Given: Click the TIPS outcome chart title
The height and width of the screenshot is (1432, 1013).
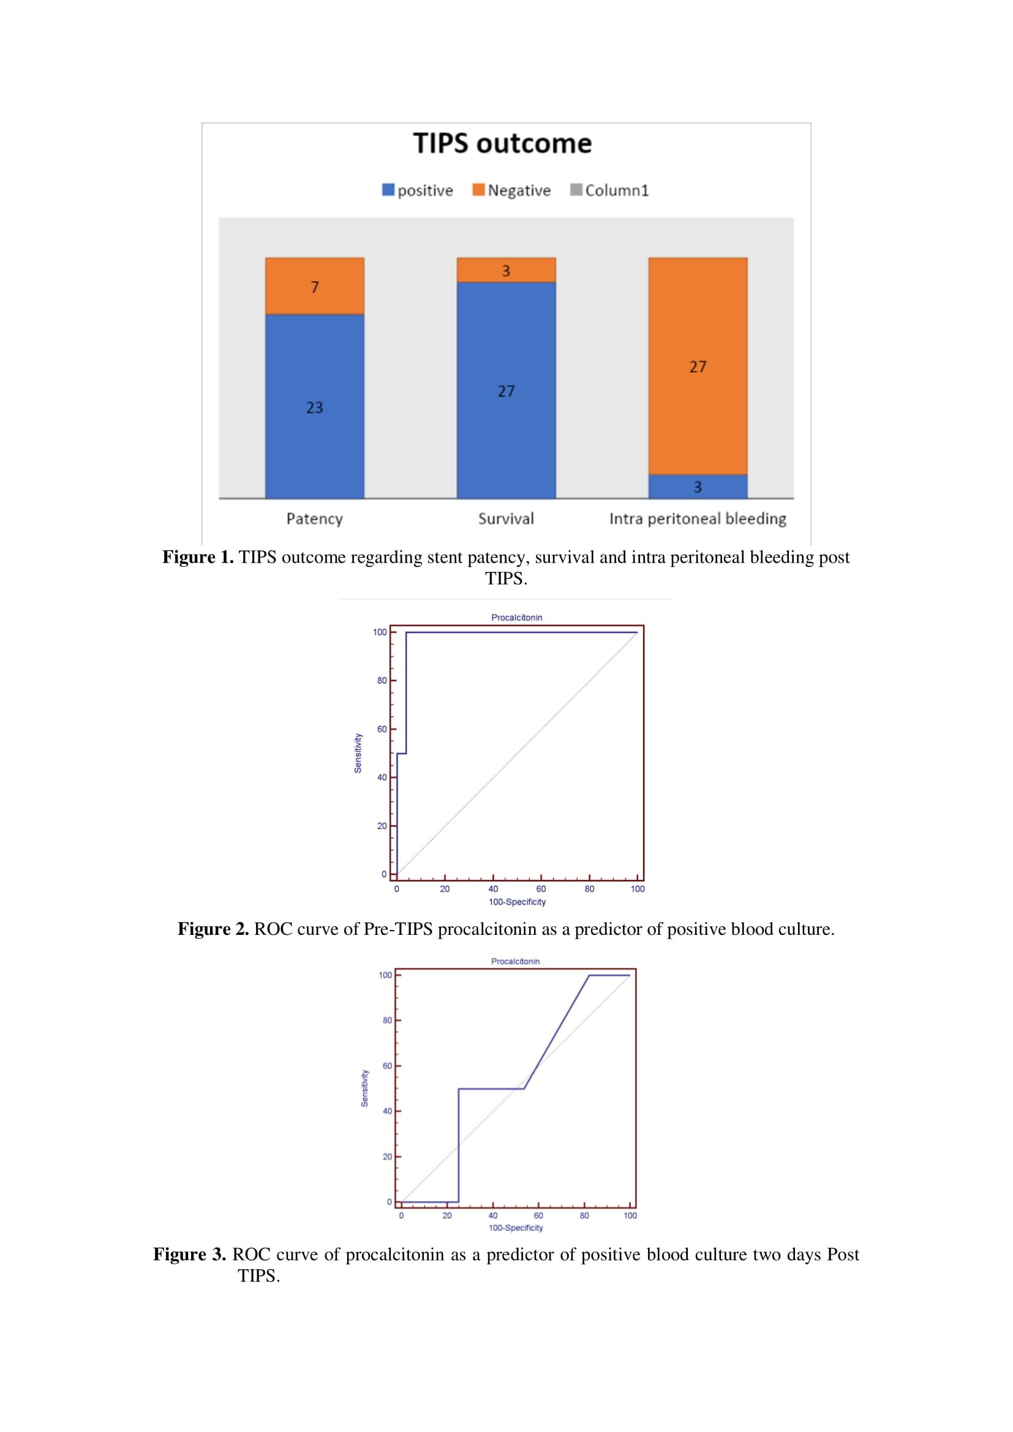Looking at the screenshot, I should point(502,143).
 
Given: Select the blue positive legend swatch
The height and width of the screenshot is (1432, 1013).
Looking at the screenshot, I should point(388,190).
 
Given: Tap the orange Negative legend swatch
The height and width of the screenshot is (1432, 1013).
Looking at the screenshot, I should point(478,190).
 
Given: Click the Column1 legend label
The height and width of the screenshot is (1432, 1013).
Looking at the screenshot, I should point(616,190).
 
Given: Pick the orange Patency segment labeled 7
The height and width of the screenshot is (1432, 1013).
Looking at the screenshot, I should point(314,286).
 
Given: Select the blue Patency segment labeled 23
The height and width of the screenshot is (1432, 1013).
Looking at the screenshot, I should point(314,406).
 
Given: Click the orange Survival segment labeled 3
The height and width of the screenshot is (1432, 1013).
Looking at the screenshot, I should point(506,270).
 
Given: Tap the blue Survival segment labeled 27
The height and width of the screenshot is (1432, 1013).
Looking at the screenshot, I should point(506,391).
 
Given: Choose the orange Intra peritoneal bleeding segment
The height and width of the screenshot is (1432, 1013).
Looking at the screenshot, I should point(698,366).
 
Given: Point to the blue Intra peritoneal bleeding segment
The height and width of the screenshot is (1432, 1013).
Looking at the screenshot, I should point(698,487).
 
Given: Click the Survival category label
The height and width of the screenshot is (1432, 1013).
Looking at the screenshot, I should point(506,519).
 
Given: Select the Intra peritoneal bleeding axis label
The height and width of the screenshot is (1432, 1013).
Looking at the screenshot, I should point(698,519).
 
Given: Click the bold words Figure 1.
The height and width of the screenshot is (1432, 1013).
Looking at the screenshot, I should point(198,557).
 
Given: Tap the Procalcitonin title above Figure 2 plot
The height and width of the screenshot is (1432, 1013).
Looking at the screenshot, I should point(516,618).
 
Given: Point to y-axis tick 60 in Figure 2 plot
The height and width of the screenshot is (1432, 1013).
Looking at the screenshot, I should point(382,729).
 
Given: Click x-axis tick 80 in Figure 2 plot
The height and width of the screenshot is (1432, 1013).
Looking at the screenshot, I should point(589,889).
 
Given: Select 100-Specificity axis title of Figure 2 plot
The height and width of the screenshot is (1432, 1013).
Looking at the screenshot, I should point(517,902).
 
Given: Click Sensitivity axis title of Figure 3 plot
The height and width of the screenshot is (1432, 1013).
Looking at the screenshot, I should point(364,1089).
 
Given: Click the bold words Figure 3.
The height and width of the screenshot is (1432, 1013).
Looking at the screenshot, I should point(190,1254).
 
